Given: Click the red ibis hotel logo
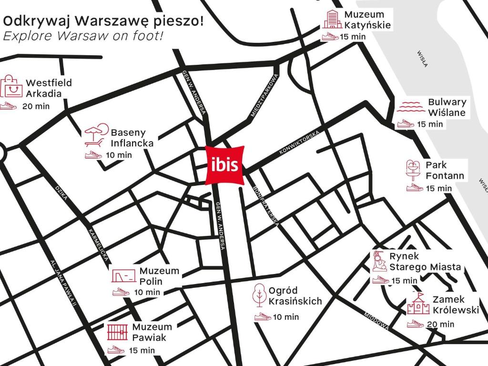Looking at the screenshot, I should pyautogui.click(x=225, y=165).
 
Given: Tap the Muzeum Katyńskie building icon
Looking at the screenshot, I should pyautogui.click(x=332, y=19).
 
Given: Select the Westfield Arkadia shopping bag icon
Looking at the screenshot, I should pyautogui.click(x=11, y=86).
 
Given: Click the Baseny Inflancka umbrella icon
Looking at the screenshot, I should pyautogui.click(x=95, y=135).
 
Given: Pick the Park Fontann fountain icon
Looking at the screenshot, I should pyautogui.click(x=413, y=170).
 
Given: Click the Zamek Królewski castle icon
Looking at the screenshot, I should pyautogui.click(x=418, y=305).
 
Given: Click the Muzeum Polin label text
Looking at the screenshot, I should pyautogui.click(x=152, y=276).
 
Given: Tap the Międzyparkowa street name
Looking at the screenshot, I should pyautogui.click(x=264, y=95).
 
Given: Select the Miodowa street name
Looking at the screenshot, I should pyautogui.click(x=376, y=321).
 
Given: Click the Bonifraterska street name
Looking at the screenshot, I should pyautogui.click(x=265, y=207).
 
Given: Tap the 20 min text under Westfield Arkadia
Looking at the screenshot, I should pyautogui.click(x=36, y=106).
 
